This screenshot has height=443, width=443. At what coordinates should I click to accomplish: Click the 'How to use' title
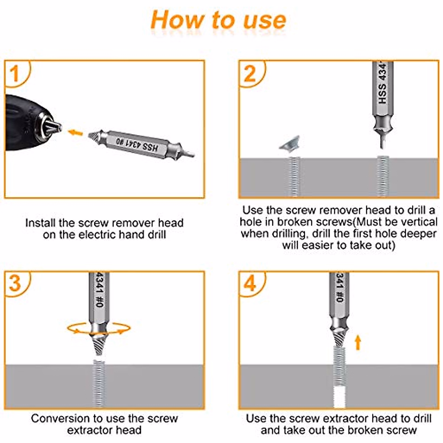click(x=219, y=20)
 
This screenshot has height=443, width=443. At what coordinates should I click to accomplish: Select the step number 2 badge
click(x=250, y=73)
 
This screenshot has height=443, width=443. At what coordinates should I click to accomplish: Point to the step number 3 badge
click(x=15, y=284)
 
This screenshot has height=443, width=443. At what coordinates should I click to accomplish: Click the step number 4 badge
click(x=250, y=284)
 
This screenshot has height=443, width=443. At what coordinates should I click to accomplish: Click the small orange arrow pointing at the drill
click(x=76, y=132)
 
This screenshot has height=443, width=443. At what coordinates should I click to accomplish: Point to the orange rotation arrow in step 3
click(x=99, y=328)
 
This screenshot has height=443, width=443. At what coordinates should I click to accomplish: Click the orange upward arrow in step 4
click(x=357, y=342)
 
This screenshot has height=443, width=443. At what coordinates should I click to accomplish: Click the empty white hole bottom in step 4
click(x=339, y=397)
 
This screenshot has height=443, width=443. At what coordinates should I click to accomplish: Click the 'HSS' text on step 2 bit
click(x=382, y=94)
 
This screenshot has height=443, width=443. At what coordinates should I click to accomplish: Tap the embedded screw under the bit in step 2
click(x=383, y=175)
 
